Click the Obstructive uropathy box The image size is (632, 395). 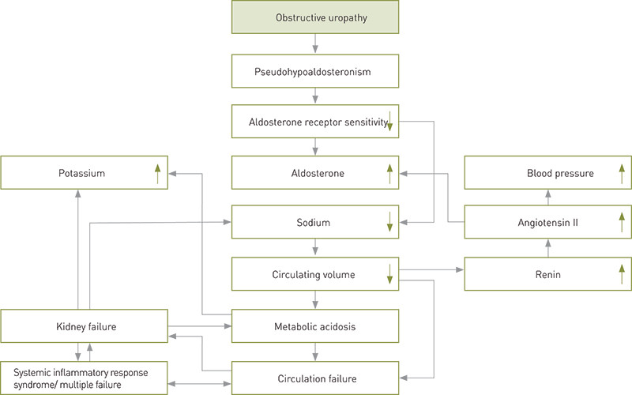coord(315,17)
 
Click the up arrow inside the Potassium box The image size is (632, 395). coord(157,173)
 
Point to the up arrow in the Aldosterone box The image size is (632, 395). coord(389,173)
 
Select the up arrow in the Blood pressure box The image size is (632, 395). coord(622,173)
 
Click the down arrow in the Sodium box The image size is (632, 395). coord(389,224)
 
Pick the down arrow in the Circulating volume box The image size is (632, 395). coord(389,274)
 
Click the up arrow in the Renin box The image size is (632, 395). coord(622,274)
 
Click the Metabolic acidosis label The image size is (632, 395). coord(315,325)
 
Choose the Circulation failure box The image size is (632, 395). coord(315,378)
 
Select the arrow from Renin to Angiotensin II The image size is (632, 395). coord(547,248)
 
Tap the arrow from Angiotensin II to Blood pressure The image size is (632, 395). coord(547,197)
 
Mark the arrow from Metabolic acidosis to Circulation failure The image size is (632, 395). coord(315,351)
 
